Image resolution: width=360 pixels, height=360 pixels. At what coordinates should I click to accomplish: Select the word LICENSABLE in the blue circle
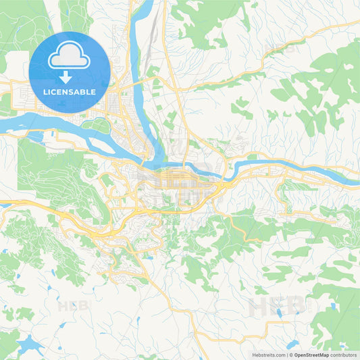tap(70, 92)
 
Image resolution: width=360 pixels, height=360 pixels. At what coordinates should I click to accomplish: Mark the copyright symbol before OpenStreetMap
tap(290, 354)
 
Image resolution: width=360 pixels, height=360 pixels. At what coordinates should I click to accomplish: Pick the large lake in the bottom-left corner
tap(28, 344)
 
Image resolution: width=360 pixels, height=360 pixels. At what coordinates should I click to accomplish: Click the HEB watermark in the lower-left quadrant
tap(71, 305)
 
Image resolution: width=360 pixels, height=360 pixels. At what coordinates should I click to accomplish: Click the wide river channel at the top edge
tap(143, 8)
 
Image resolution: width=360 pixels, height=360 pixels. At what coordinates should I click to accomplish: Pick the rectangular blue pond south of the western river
tap(49, 135)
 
